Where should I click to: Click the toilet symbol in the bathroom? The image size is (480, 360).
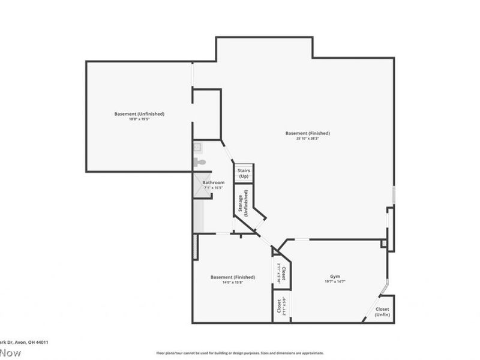(200, 162)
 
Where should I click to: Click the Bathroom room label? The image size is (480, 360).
(213, 182)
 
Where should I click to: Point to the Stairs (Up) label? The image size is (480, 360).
(244, 173)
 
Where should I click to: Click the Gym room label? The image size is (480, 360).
(335, 276)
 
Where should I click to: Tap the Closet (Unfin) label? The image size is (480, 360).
(382, 312)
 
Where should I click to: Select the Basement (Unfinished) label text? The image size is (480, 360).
(139, 113)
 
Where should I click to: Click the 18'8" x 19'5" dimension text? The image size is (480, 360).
(139, 119)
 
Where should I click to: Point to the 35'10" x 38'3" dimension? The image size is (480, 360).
(307, 139)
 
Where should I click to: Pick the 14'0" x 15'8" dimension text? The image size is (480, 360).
(232, 283)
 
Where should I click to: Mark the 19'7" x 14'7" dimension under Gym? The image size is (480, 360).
(335, 281)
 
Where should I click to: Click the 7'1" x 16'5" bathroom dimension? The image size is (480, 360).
(213, 188)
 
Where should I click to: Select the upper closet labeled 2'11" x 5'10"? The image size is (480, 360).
(281, 273)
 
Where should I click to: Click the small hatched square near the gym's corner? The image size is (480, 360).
(383, 243)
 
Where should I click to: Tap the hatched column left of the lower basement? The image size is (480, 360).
(196, 247)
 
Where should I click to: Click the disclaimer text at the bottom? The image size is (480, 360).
(240, 353)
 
